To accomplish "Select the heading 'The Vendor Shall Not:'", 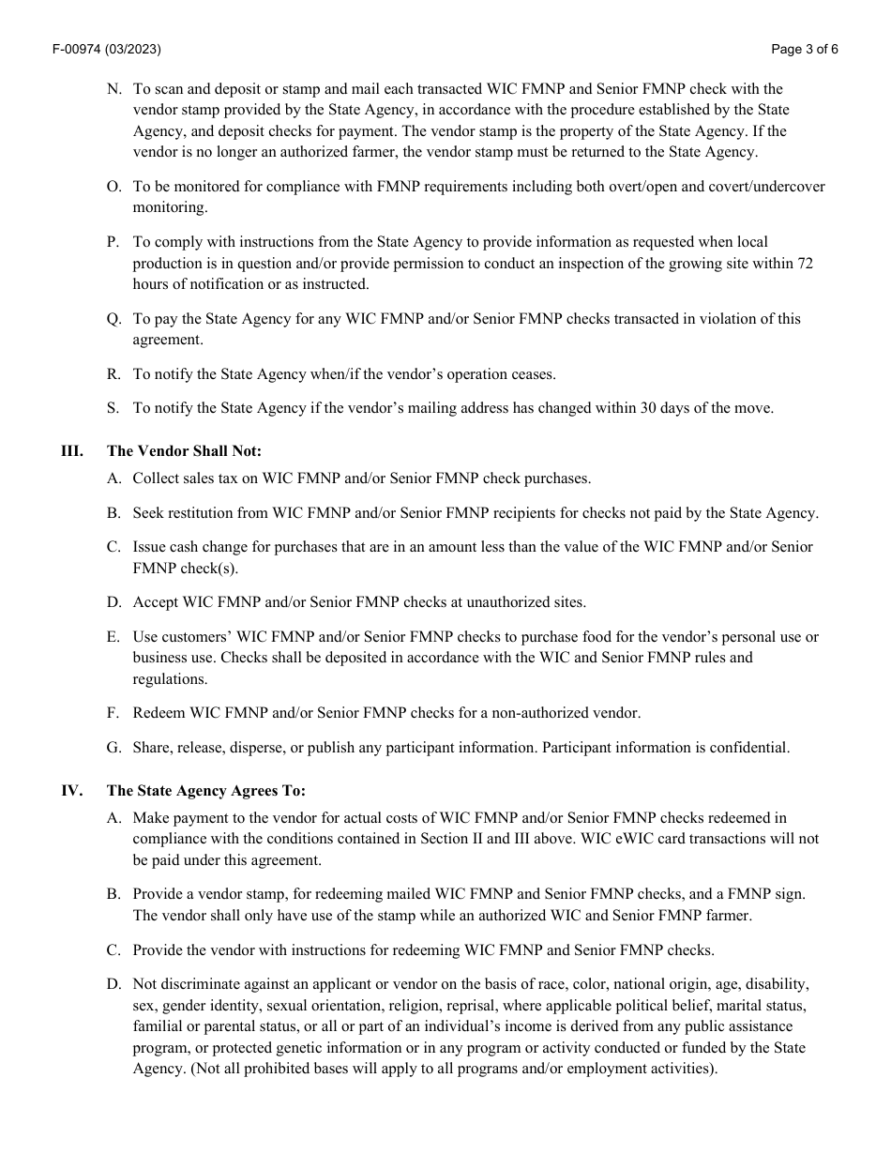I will pos(184,450).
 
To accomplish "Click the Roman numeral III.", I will pos(71,450).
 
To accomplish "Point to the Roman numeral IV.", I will pos(71,790).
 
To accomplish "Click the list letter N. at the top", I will pos(114,89).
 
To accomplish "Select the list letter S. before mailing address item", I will pos(113,408).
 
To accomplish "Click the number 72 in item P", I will pos(805,263).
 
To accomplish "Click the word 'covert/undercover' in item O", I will pos(767,186).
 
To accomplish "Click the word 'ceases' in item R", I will pos(531,373).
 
